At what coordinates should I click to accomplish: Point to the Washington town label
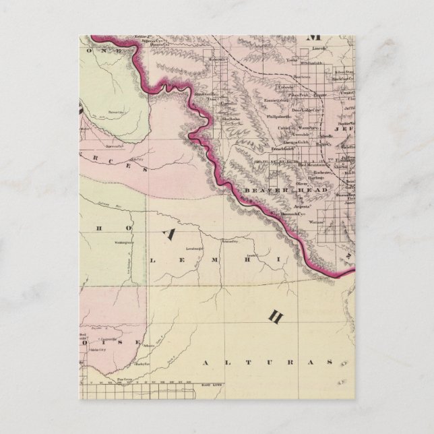point(124,241)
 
